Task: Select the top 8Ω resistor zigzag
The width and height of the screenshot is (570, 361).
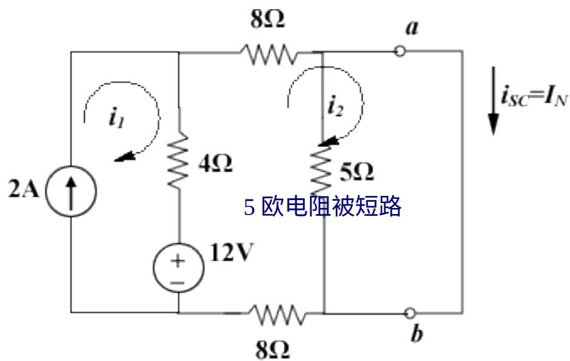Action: coord(269,55)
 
